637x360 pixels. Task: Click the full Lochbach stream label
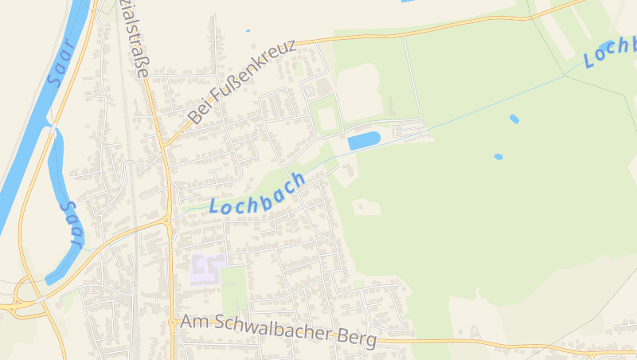[258, 194]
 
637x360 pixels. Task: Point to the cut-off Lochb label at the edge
[610, 52]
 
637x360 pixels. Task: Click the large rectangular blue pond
[364, 140]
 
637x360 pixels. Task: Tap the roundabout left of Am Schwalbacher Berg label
[172, 323]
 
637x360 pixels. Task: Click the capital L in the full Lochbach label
[215, 205]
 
